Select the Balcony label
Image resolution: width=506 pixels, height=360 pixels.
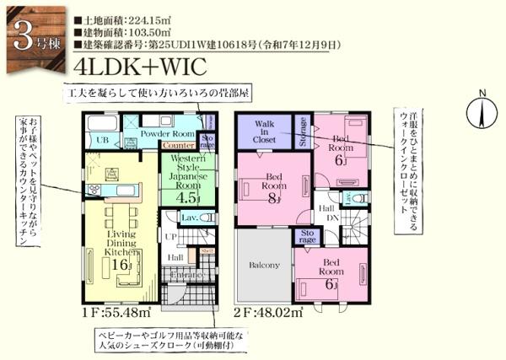pyautogui.click(x=263, y=265)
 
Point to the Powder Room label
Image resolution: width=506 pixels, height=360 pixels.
pyautogui.click(x=167, y=132)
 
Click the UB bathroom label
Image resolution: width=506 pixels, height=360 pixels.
pyautogui.click(x=103, y=139)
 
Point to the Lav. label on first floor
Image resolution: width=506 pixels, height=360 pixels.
pyautogui.click(x=190, y=218)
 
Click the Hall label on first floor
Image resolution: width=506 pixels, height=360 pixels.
pyautogui.click(x=175, y=258)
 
